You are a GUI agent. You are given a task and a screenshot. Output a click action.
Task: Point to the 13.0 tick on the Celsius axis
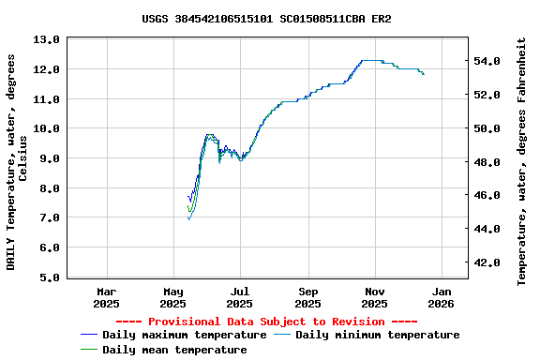(47, 39)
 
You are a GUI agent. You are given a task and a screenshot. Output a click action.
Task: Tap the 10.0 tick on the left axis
(47, 128)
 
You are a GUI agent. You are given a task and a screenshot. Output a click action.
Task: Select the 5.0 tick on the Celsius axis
(47, 277)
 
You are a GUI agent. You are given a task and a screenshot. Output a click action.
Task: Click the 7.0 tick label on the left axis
(47, 217)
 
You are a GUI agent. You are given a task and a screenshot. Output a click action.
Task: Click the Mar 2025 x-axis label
(107, 297)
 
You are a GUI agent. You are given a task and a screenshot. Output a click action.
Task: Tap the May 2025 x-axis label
(173, 297)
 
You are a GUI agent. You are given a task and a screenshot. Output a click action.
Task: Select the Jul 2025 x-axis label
(240, 297)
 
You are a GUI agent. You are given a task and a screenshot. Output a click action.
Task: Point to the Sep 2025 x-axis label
(307, 297)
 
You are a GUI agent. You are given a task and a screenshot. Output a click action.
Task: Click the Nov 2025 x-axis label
(374, 297)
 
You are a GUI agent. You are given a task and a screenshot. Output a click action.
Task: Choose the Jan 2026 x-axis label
(441, 297)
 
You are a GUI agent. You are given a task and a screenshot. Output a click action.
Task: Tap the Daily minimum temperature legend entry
(377, 335)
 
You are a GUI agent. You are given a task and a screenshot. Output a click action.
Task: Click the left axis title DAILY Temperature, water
(17, 161)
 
